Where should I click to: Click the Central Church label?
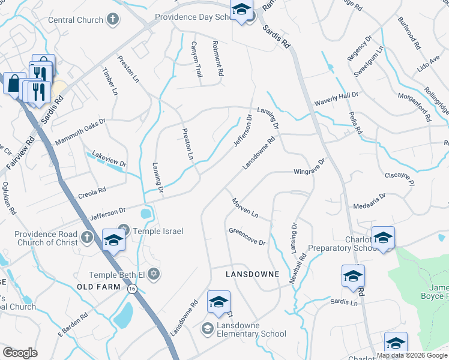pos(76,20)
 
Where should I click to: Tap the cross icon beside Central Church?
pos(112,20)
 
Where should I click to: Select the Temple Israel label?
pos(158,231)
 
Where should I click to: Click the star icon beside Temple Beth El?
pos(154,274)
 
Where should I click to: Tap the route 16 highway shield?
pos(131,289)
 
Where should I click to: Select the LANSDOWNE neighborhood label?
pos(252,274)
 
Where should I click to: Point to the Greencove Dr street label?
pos(247,237)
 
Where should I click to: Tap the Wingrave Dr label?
pos(309,167)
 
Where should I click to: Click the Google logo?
pos(20,353)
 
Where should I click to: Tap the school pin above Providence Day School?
pos(241,10)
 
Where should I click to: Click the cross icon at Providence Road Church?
pos(88,235)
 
